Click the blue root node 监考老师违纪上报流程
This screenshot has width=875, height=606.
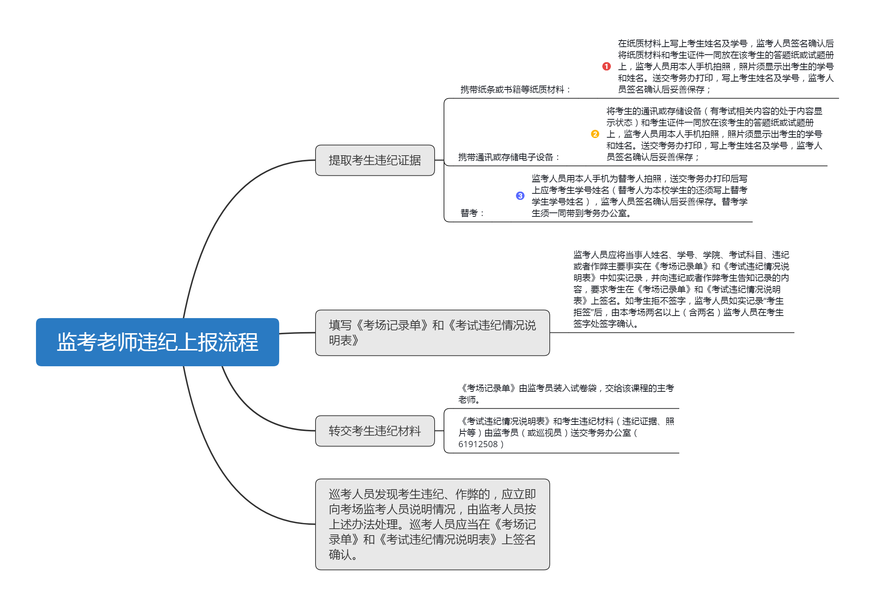[x=157, y=342]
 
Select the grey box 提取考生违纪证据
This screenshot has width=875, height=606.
[x=375, y=160]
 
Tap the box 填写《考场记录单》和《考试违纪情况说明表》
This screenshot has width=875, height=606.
[x=432, y=332]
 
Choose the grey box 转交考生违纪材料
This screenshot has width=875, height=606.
[x=375, y=431]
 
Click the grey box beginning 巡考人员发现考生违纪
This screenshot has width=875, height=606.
[x=432, y=524]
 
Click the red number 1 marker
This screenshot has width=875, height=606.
[x=606, y=66]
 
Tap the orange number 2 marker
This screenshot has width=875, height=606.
[x=595, y=134]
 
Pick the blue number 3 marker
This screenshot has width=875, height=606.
[x=520, y=196]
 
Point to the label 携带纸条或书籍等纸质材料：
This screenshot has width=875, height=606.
[x=516, y=89]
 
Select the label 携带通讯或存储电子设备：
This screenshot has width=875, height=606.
[x=509, y=157]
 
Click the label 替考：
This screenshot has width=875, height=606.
[x=472, y=213]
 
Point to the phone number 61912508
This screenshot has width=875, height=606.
[x=478, y=444]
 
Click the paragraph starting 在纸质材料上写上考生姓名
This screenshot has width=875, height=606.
[x=726, y=66]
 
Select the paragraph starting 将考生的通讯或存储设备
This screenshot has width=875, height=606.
[x=714, y=134]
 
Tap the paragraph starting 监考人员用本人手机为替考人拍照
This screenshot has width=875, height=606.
[x=639, y=196]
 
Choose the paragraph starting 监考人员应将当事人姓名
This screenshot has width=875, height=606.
[x=681, y=289]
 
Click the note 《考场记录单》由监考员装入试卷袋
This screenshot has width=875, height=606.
[x=566, y=394]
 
